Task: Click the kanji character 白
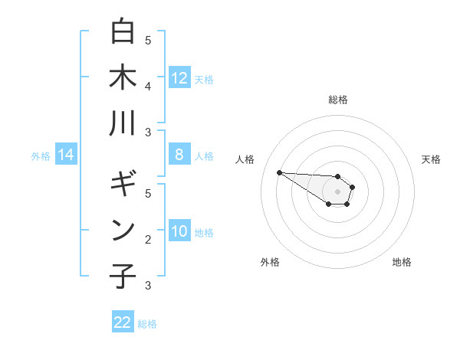123,31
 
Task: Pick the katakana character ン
123,231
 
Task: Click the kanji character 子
123,277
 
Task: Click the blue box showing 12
179,77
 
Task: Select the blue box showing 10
179,232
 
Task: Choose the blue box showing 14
66,155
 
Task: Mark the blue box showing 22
123,322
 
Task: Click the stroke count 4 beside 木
148,86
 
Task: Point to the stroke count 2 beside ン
148,240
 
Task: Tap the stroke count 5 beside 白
148,40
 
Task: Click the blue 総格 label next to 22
147,324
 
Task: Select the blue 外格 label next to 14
41,156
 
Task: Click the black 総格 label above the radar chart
337,100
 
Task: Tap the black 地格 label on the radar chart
402,262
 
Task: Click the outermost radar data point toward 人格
279,172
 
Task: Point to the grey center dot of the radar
337,191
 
